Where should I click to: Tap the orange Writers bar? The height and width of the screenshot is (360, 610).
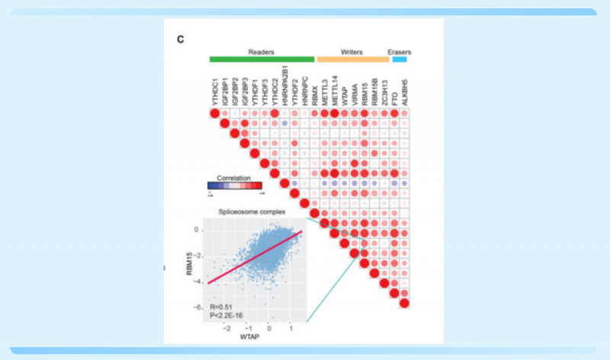tap(352, 59)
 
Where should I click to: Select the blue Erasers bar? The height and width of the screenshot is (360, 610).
tap(400, 59)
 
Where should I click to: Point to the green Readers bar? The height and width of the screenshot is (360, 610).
tap(262, 59)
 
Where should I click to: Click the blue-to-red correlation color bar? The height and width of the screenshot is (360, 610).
tap(235, 185)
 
